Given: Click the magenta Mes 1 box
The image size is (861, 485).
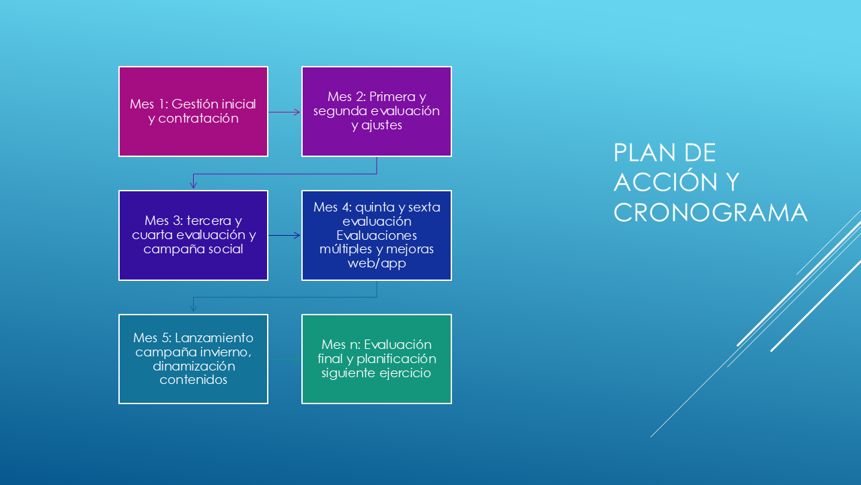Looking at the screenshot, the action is pos(193,112).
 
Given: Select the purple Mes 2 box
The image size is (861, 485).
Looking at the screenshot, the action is pos(377,112).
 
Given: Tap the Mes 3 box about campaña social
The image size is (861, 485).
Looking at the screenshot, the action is pos(193,236).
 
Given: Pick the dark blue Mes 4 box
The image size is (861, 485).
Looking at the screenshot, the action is pos(377,236).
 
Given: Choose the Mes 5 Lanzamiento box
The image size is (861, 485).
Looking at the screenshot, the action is pos(193,359).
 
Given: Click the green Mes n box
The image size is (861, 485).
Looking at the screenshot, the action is pos(377,359).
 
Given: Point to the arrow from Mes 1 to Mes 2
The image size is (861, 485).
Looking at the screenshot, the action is pos(285,112).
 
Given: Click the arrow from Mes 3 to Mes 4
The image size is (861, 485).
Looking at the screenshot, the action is pos(285,235).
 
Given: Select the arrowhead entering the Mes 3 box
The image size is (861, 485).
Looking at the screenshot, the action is pos(193,185).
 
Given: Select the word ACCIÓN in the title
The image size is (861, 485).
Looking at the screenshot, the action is pos(665,182).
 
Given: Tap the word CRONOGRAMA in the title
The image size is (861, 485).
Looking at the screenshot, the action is pos(710,212).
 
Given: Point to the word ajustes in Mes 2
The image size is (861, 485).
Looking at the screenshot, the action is pos(381,125).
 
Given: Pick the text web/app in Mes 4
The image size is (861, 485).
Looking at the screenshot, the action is pos(377,263).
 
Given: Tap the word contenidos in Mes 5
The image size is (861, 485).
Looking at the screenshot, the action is pos(193,380).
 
